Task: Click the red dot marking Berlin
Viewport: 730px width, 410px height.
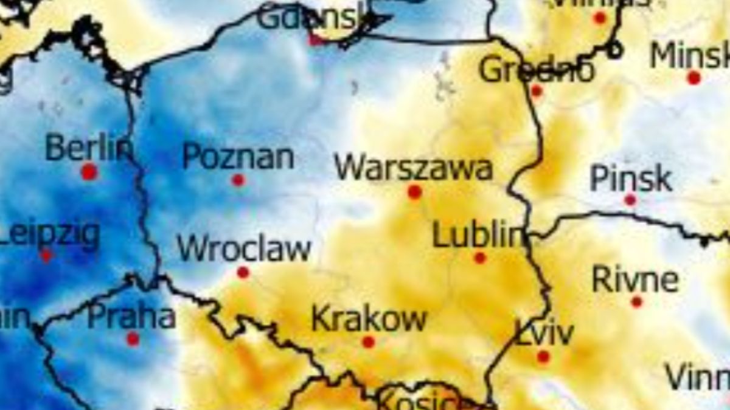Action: tap(89, 172)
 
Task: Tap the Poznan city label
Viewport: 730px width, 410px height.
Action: tap(238, 157)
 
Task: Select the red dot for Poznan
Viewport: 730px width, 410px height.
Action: tap(238, 180)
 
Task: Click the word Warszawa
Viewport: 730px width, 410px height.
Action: tap(414, 168)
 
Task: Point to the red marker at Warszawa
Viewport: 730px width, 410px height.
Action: tap(415, 192)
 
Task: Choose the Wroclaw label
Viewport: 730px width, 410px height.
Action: tap(244, 249)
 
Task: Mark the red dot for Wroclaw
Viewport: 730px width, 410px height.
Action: tap(243, 272)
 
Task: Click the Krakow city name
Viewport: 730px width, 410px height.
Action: tap(369, 319)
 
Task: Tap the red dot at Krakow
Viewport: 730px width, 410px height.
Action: tap(368, 342)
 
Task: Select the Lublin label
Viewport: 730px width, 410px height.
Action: tap(478, 234)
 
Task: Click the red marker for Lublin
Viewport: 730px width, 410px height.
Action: tap(480, 258)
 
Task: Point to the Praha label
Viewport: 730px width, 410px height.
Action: tap(131, 317)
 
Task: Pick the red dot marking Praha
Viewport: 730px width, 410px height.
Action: tap(133, 339)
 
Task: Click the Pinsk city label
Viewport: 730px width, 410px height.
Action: tap(631, 179)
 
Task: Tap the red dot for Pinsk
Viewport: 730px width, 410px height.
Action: tap(630, 200)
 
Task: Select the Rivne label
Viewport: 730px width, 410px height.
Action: tap(635, 279)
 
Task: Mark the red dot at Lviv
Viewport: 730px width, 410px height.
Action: tap(543, 357)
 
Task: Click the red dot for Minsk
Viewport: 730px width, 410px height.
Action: tap(694, 78)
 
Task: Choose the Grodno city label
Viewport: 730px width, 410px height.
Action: tap(536, 70)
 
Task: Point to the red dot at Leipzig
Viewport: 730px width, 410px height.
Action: tap(46, 256)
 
